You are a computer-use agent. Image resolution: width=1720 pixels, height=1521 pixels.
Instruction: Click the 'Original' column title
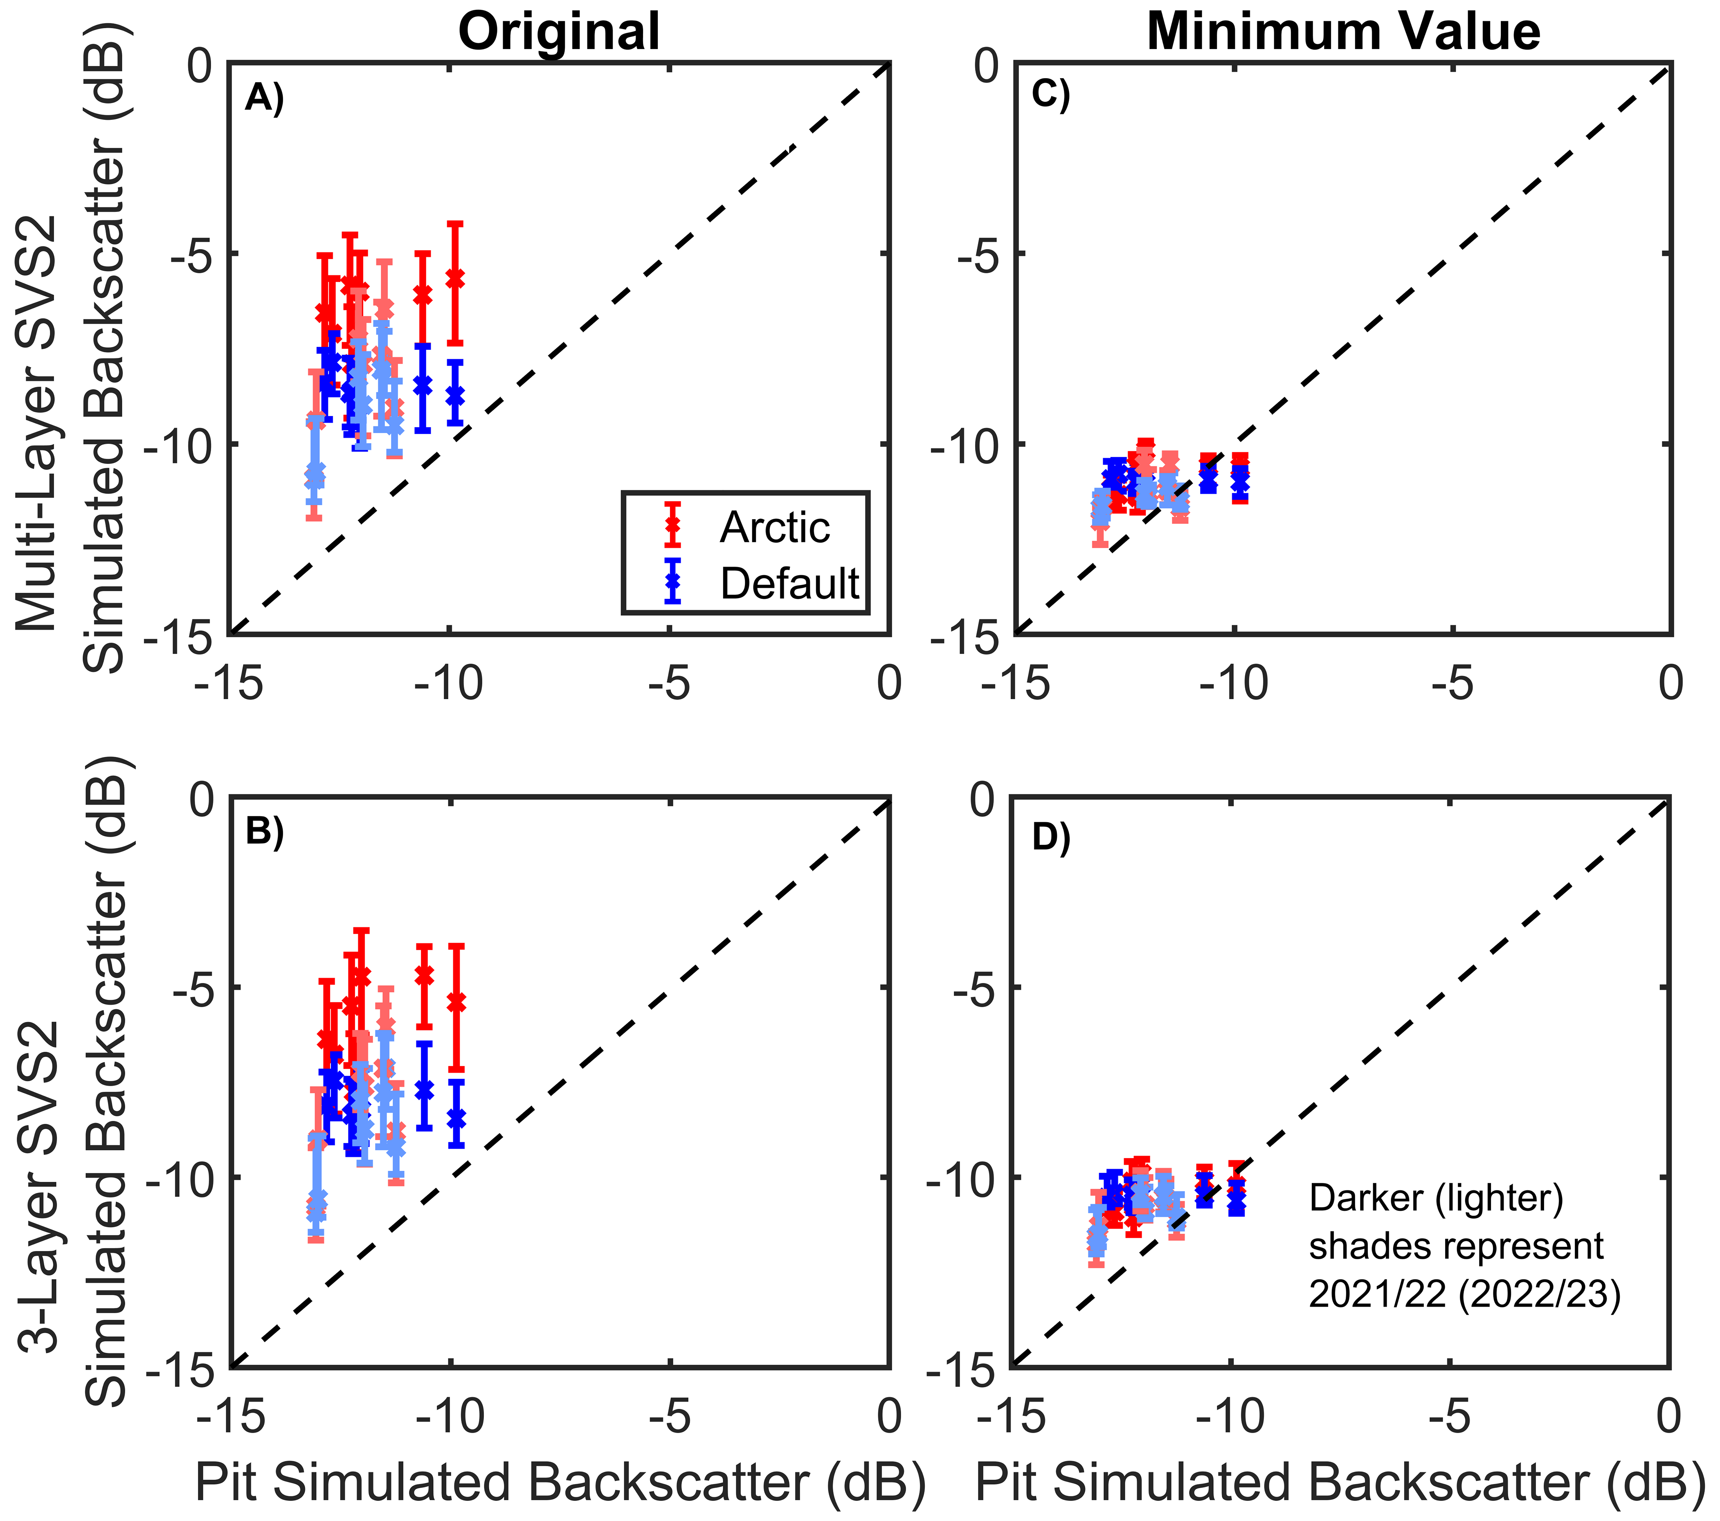(x=559, y=32)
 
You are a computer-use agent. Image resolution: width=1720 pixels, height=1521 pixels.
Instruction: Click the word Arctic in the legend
(x=774, y=528)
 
